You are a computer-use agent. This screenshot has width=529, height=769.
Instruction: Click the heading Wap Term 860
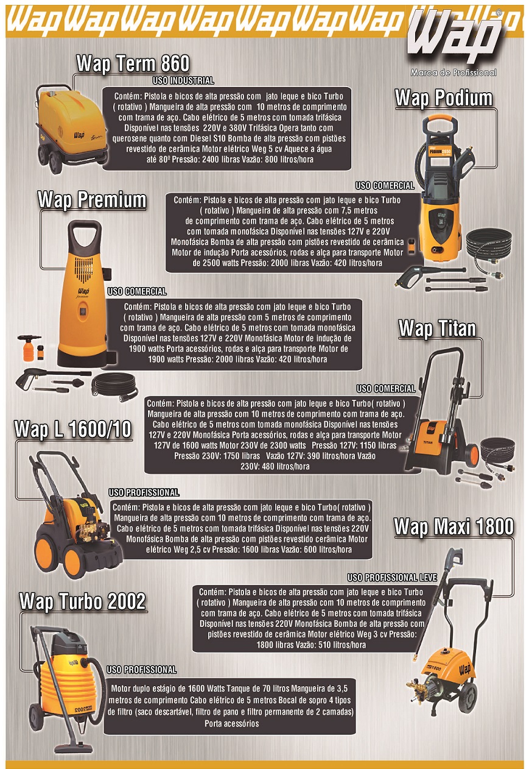pos(133,63)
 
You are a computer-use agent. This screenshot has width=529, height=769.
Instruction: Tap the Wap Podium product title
pos(444,98)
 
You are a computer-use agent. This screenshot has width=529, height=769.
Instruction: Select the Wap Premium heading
pos(92,199)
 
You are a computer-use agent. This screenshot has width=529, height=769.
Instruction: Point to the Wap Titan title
pos(437,328)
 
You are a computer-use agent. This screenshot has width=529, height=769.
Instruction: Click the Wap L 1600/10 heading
pos(72,429)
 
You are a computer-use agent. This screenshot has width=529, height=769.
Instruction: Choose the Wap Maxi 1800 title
pos(454,526)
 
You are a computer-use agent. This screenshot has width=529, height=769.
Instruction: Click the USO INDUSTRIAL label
pos(183,80)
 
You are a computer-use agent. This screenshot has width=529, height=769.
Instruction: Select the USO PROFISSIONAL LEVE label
pos(392,578)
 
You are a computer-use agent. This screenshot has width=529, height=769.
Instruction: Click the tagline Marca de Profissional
pos(454,73)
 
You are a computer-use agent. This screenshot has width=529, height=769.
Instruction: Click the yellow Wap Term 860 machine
pos(71,129)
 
